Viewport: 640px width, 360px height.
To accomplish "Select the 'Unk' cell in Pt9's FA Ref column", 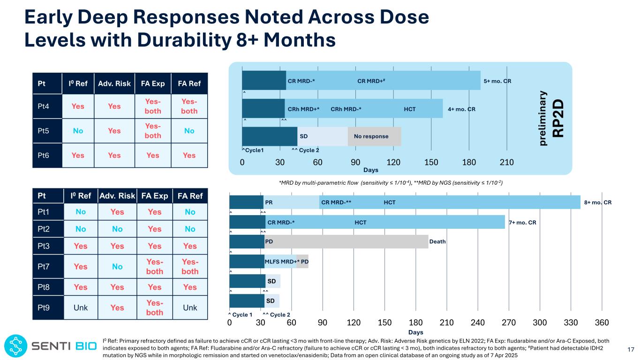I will pyautogui.click(x=189, y=307).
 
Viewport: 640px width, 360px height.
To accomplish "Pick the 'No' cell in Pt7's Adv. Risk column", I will pyautogui.click(x=117, y=267).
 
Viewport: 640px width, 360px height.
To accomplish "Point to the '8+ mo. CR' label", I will pyautogui.click(x=598, y=202).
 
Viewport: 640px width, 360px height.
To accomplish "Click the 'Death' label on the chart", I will pyautogui.click(x=437, y=242).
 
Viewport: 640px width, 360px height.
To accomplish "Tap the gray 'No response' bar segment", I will pyautogui.click(x=374, y=136).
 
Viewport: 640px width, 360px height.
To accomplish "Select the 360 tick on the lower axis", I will pyautogui.click(x=602, y=323).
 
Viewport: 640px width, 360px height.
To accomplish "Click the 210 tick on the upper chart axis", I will pyautogui.click(x=506, y=162).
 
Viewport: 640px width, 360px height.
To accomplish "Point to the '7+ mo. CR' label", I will pyautogui.click(x=522, y=222).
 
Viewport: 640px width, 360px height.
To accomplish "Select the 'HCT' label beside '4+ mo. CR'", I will pyautogui.click(x=409, y=109).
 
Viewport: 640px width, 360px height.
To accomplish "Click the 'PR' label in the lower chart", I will pyautogui.click(x=269, y=202).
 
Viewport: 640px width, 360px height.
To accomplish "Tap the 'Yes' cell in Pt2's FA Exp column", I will pyautogui.click(x=154, y=229).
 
